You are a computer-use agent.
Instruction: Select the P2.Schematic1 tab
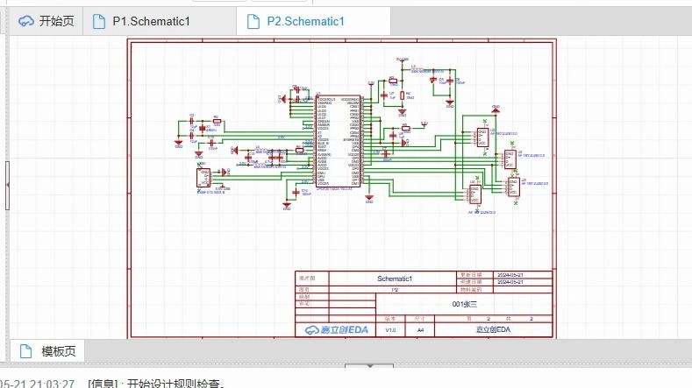(306, 21)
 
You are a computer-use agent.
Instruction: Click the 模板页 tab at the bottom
(58, 351)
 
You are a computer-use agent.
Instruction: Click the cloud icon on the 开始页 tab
(26, 21)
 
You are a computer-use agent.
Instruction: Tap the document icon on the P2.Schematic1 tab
(253, 21)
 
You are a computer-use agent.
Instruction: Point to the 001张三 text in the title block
(463, 303)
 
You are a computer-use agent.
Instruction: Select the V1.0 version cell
(390, 329)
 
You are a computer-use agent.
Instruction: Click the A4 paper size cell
(420, 329)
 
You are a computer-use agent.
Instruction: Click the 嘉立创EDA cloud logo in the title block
(336, 329)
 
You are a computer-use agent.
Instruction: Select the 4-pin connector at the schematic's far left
(203, 177)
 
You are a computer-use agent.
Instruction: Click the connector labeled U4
(474, 194)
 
